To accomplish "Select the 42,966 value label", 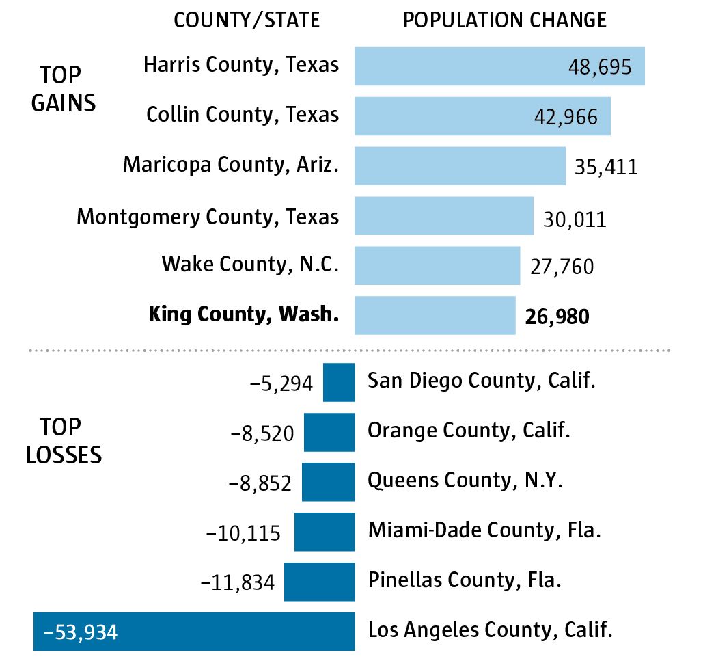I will tap(566, 116).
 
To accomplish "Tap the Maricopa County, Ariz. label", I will tap(231, 165).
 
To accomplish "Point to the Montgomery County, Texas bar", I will tap(444, 216).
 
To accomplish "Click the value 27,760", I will tap(562, 266).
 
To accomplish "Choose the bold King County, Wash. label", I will tap(243, 314).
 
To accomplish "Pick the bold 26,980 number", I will tap(557, 316).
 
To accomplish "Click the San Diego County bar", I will tap(339, 382).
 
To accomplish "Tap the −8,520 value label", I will tap(263, 433).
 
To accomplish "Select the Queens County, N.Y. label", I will tap(465, 481).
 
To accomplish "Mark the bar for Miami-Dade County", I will tap(325, 532).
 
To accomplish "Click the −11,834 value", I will tap(238, 582).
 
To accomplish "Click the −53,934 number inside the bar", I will tap(81, 632).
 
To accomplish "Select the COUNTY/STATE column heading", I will tap(247, 20).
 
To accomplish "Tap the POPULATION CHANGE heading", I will tap(505, 20).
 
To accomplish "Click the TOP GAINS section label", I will tap(63, 89).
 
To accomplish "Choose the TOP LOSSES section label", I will tap(63, 441).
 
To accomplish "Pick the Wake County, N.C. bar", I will tap(437, 265).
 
